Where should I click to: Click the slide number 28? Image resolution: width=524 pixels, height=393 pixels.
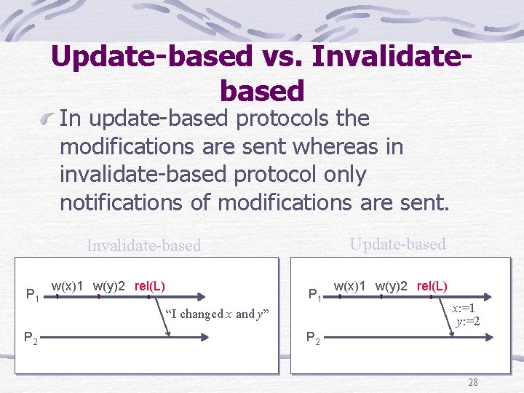point(473,382)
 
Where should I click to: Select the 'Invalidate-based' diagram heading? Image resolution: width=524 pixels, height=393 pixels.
point(143,246)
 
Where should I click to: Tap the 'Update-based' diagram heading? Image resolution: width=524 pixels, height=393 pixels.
point(397,245)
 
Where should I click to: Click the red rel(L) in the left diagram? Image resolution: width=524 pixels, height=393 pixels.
point(150,285)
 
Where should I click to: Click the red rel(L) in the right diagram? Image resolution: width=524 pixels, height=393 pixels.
point(432,285)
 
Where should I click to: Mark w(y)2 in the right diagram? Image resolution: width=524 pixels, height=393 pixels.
point(392,285)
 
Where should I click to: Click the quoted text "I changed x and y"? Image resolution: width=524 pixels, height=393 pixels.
point(217,314)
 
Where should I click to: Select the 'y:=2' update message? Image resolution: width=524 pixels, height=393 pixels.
point(467,321)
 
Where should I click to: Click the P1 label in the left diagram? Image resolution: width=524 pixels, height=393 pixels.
point(33,295)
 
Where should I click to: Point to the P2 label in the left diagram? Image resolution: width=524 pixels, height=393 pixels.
point(32,337)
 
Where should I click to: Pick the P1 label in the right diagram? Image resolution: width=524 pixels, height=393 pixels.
point(314,295)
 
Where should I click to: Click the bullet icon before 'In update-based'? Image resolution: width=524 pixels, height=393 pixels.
point(48,118)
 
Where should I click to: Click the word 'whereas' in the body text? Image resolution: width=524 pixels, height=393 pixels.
point(339,146)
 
